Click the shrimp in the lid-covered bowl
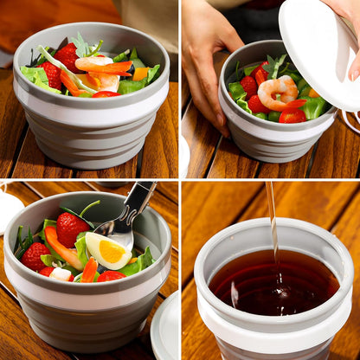[x=278, y=90]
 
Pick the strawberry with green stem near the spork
[x=71, y=227]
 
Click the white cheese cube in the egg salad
[x=61, y=273]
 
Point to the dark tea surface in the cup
[x=273, y=286]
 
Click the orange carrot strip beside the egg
[x=63, y=247]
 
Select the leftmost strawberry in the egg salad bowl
[x=35, y=255]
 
